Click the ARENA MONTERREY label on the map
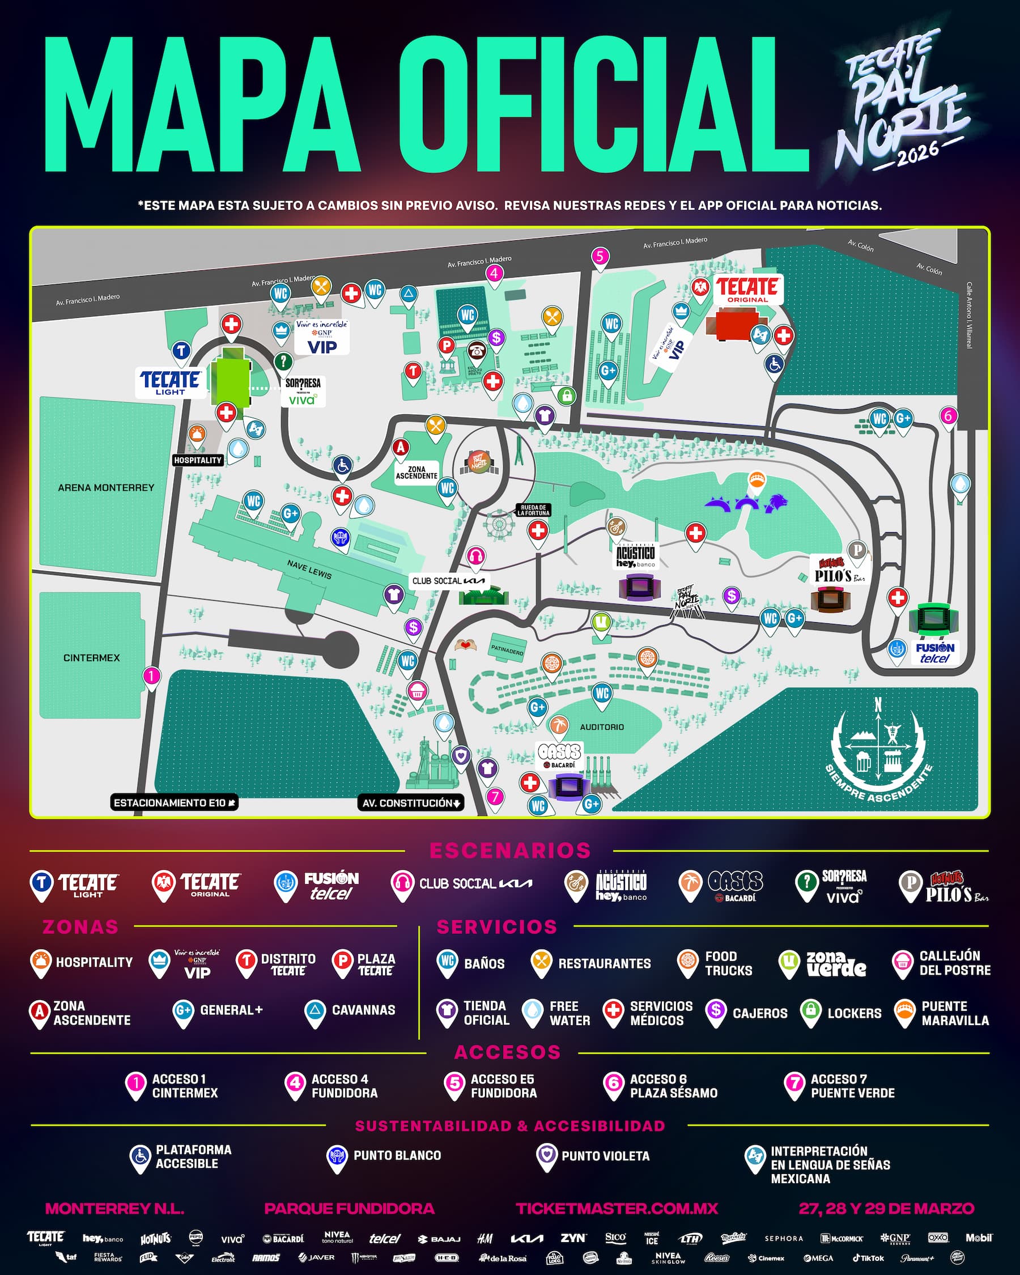click(106, 488)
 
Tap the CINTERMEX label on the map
click(92, 657)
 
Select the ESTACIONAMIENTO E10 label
click(174, 802)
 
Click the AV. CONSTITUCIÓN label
click(411, 802)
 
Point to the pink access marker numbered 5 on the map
click(600, 257)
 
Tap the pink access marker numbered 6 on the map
click(948, 416)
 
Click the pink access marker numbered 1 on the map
click(151, 676)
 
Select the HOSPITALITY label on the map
click(198, 460)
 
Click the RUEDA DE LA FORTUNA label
click(533, 510)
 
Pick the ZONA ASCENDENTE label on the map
click(416, 472)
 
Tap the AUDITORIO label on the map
click(601, 727)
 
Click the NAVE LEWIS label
click(309, 569)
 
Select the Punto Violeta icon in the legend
click(546, 1155)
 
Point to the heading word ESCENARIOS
click(509, 851)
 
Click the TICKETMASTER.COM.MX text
click(617, 1209)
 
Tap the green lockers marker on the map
click(566, 395)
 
